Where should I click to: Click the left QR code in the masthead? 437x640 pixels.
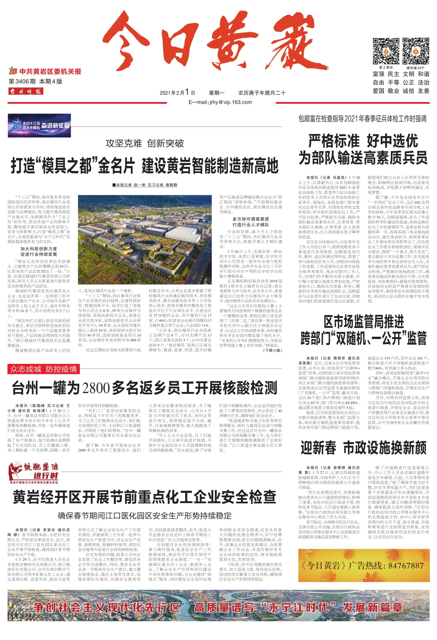pyautogui.click(x=386, y=51)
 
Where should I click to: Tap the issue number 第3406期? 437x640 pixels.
pyautogui.click(x=22, y=82)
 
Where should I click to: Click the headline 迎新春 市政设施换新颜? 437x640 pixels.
pyautogui.click(x=364, y=448)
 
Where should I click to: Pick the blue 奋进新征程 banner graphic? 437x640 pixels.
pyautogui.click(x=39, y=125)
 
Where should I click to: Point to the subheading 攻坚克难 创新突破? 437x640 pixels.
pyautogui.click(x=145, y=143)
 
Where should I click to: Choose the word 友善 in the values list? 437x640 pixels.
pyautogui.click(x=423, y=91)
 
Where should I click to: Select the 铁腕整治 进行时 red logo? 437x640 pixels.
pyautogui.click(x=34, y=473)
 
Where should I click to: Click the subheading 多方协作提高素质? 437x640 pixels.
pyautogui.click(x=251, y=219)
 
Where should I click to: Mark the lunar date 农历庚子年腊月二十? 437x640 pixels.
pyautogui.click(x=262, y=93)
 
